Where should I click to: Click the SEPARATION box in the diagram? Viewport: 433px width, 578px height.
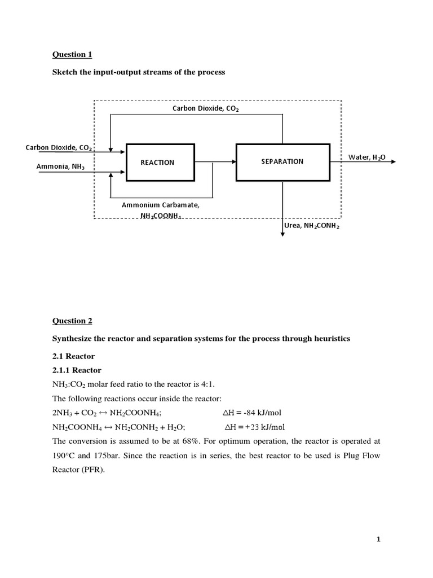(282, 161)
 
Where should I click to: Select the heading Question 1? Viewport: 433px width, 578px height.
(72, 55)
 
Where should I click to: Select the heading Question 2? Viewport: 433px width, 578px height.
(72, 321)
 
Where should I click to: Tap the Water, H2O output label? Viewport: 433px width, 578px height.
(367, 157)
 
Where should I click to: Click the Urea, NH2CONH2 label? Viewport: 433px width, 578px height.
(312, 226)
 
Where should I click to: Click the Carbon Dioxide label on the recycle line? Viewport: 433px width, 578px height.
(205, 108)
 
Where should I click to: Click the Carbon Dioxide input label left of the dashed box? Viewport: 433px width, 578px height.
(59, 148)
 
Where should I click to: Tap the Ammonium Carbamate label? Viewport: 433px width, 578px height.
(160, 205)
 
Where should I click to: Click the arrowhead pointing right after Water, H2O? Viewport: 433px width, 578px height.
(393, 161)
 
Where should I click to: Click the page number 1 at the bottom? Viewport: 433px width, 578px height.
(379, 540)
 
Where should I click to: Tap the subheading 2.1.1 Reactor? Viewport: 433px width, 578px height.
(77, 370)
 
